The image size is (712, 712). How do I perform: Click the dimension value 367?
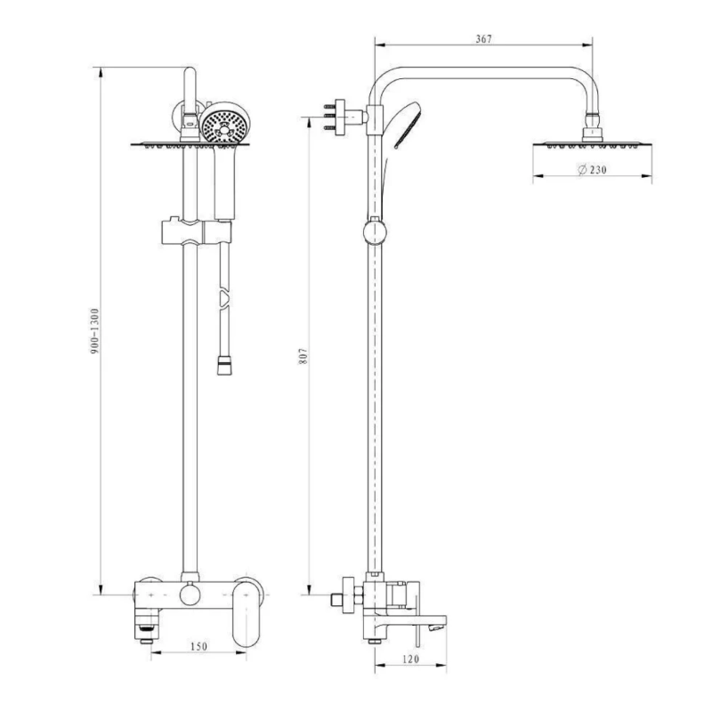pos(484,38)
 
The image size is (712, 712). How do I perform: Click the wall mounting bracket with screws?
pos(336,117)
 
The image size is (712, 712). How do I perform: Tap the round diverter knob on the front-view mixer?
pos(190,595)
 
